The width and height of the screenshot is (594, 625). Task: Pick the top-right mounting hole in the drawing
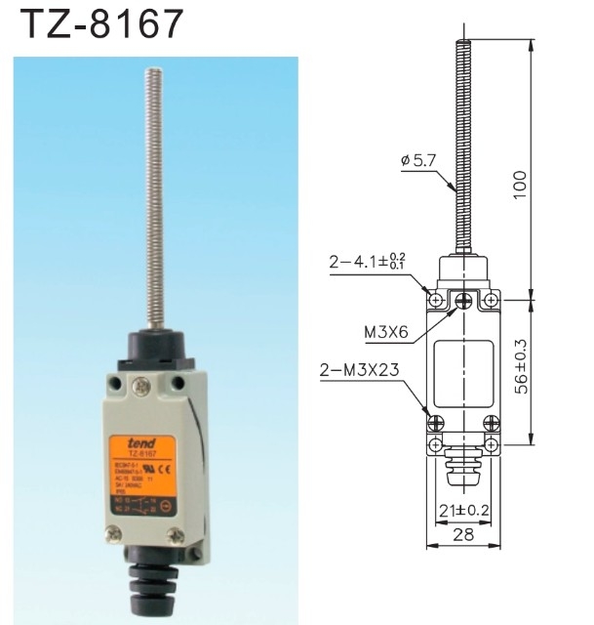pos(491,298)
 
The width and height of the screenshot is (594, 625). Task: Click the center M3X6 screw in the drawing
pos(462,299)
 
